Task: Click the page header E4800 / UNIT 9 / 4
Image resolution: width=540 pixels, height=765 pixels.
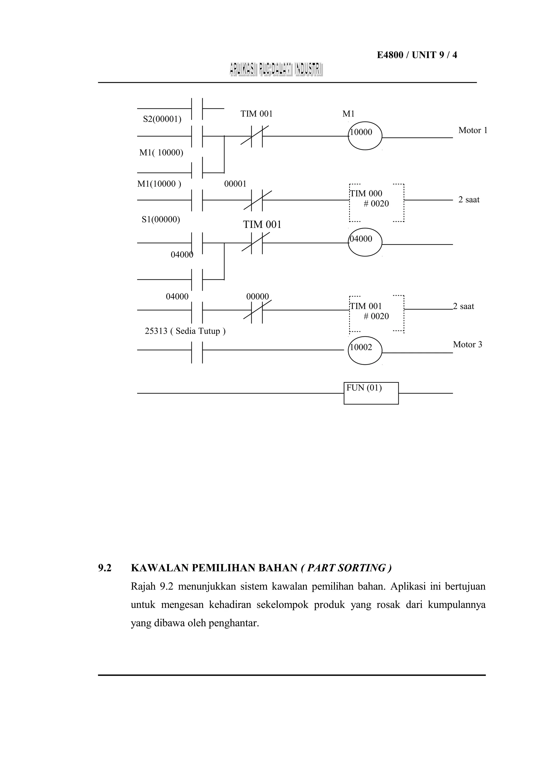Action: coord(417,55)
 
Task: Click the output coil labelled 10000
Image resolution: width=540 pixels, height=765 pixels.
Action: coord(365,136)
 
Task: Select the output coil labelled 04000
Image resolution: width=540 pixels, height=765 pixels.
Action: coord(365,242)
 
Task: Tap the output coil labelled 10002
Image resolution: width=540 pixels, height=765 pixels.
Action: coord(365,351)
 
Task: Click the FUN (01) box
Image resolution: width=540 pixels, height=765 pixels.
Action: coord(371,393)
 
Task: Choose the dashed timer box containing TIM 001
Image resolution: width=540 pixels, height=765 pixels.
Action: coord(376,314)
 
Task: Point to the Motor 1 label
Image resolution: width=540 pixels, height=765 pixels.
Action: coord(472,130)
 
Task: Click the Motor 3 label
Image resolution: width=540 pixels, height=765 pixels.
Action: coord(467,344)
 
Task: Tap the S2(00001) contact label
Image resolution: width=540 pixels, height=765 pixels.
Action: coord(162,119)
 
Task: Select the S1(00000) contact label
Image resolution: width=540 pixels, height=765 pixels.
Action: coord(161,220)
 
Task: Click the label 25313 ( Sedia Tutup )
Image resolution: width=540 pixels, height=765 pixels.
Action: coord(185,331)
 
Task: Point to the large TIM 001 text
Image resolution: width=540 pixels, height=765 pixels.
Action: coord(262,225)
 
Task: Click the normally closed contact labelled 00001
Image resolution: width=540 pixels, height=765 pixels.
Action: coord(257,200)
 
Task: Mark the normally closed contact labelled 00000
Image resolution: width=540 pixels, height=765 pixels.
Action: coord(257,310)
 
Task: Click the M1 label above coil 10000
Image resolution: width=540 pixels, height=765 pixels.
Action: coord(348,114)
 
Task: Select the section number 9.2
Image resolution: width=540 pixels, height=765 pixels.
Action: coord(104,568)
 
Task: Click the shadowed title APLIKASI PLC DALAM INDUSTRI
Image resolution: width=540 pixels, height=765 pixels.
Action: coord(276,70)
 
